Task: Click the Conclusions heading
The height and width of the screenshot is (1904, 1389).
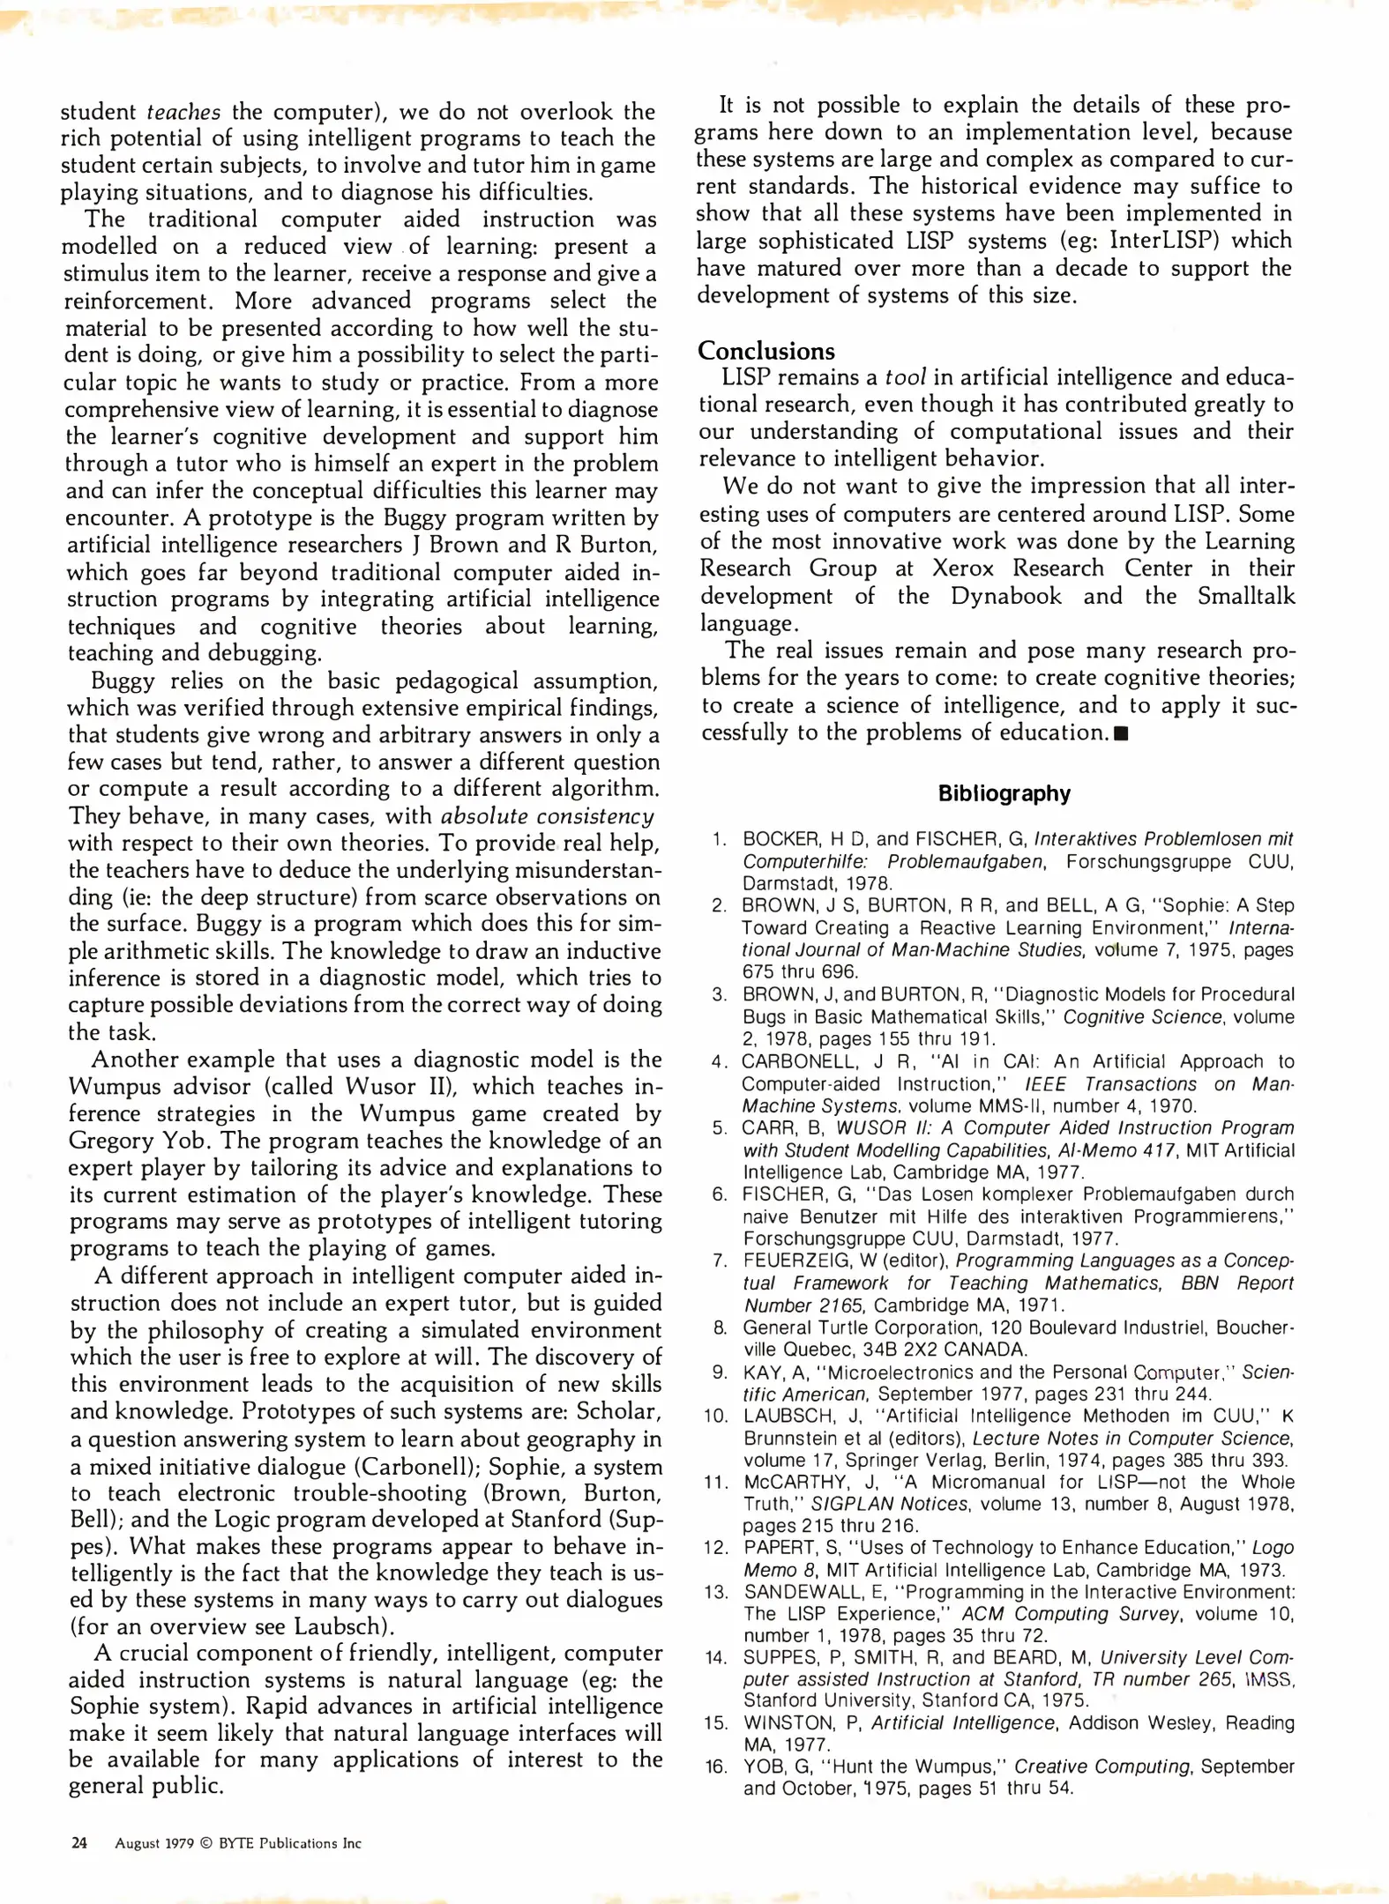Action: click(765, 351)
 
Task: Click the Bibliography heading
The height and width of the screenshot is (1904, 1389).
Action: click(1004, 793)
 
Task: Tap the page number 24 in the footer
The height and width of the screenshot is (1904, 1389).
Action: click(79, 1842)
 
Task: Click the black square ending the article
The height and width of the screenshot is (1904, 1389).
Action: click(1121, 734)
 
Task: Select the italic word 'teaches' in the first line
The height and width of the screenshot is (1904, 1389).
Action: click(183, 112)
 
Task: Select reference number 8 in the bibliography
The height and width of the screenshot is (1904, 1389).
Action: click(720, 1328)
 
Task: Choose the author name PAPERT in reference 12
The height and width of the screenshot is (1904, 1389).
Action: click(778, 1549)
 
